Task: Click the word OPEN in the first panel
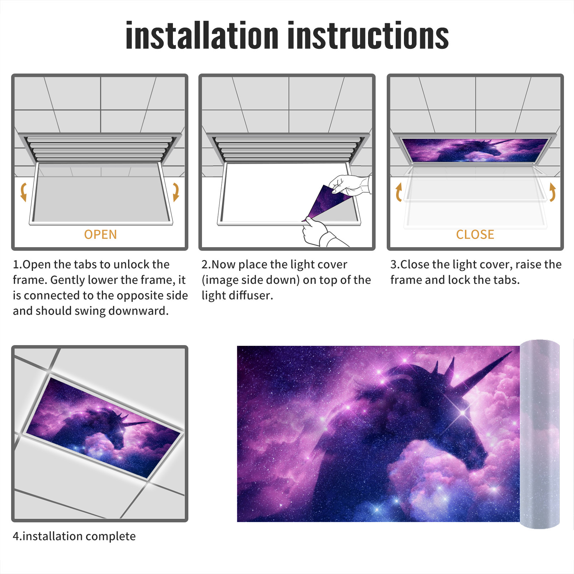click(x=100, y=234)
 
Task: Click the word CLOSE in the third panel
click(x=475, y=234)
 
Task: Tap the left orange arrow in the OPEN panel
click(x=24, y=192)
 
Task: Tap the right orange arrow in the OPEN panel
click(x=176, y=192)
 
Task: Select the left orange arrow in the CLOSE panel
click(x=398, y=192)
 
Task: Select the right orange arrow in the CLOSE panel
click(x=552, y=192)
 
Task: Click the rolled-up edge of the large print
click(x=540, y=434)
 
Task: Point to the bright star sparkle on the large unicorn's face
click(x=463, y=413)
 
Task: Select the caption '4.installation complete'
click(x=74, y=536)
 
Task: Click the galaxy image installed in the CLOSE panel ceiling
click(x=475, y=150)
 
